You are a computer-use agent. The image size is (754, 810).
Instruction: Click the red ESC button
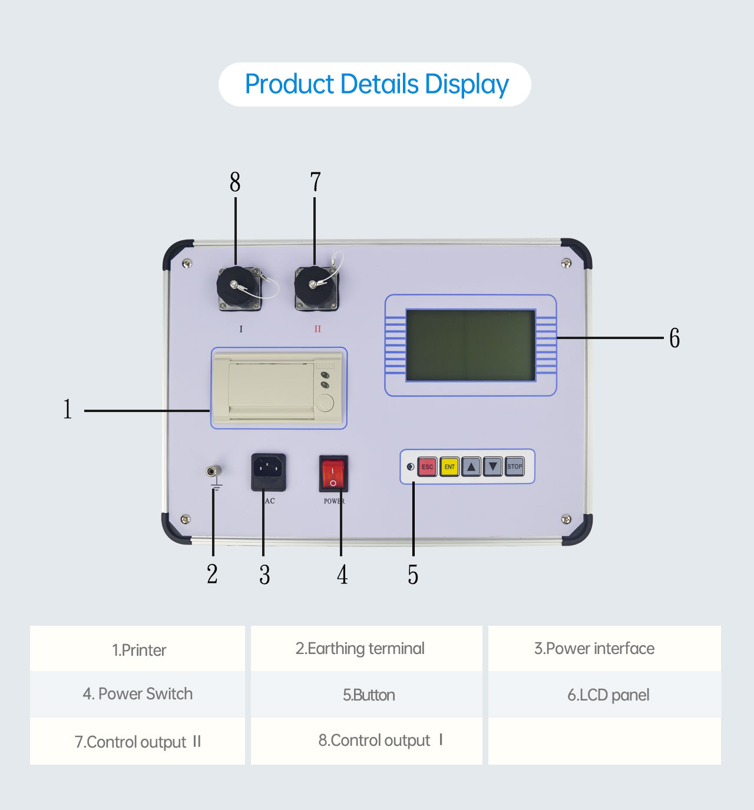pyautogui.click(x=427, y=467)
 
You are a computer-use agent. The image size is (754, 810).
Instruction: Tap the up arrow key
pyautogui.click(x=471, y=467)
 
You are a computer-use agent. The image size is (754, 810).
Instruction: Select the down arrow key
pyautogui.click(x=493, y=467)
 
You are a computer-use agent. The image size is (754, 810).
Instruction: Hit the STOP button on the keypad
pyautogui.click(x=515, y=466)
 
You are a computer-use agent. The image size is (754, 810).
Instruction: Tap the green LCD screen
pyautogui.click(x=471, y=345)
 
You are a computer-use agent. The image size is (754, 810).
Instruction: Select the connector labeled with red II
pyautogui.click(x=316, y=287)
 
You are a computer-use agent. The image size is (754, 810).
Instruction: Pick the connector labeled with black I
pyautogui.click(x=239, y=288)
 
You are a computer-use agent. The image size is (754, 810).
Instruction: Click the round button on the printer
pyautogui.click(x=325, y=403)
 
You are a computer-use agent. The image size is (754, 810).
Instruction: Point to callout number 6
pyautogui.click(x=674, y=338)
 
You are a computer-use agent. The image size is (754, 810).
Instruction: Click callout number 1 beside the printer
pyautogui.click(x=68, y=409)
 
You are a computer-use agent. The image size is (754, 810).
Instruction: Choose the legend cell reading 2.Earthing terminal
pyautogui.click(x=360, y=649)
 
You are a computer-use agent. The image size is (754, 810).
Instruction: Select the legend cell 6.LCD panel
pyautogui.click(x=608, y=695)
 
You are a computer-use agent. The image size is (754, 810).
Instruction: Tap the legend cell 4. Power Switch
pyautogui.click(x=138, y=694)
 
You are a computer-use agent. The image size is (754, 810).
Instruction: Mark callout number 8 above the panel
pyautogui.click(x=235, y=182)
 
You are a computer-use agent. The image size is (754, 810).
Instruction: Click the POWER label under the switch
pyautogui.click(x=334, y=501)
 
